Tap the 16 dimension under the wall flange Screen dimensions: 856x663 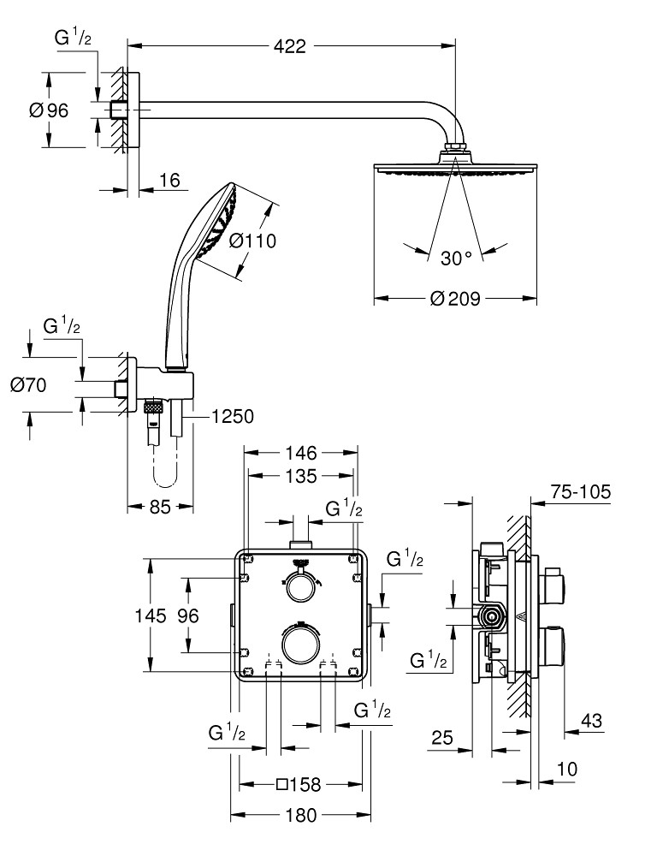click(x=169, y=181)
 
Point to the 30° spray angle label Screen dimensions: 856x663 click(x=456, y=258)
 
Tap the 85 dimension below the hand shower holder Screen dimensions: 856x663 click(x=160, y=507)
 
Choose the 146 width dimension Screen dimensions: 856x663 click(x=300, y=452)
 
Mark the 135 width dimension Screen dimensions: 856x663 click(x=300, y=475)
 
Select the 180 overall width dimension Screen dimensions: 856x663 click(x=300, y=815)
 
